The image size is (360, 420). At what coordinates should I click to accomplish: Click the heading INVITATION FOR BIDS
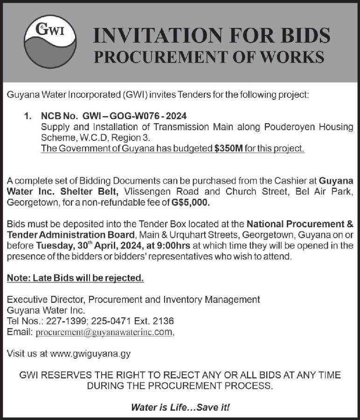(212, 35)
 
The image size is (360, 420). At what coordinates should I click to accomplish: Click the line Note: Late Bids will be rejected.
(76, 278)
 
